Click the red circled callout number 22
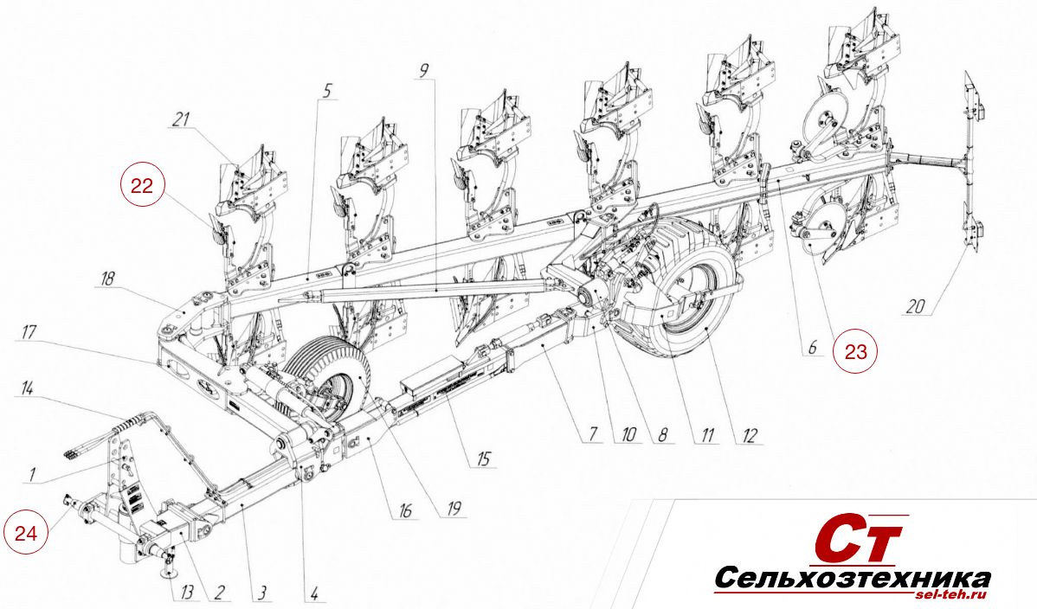142,186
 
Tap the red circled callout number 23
856,351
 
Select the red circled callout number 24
27,532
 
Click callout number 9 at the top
424,71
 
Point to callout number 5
327,91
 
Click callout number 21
181,119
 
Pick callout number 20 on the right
915,306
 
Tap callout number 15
485,458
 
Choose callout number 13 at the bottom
187,591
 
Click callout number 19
454,509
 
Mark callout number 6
812,347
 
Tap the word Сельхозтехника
852,580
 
